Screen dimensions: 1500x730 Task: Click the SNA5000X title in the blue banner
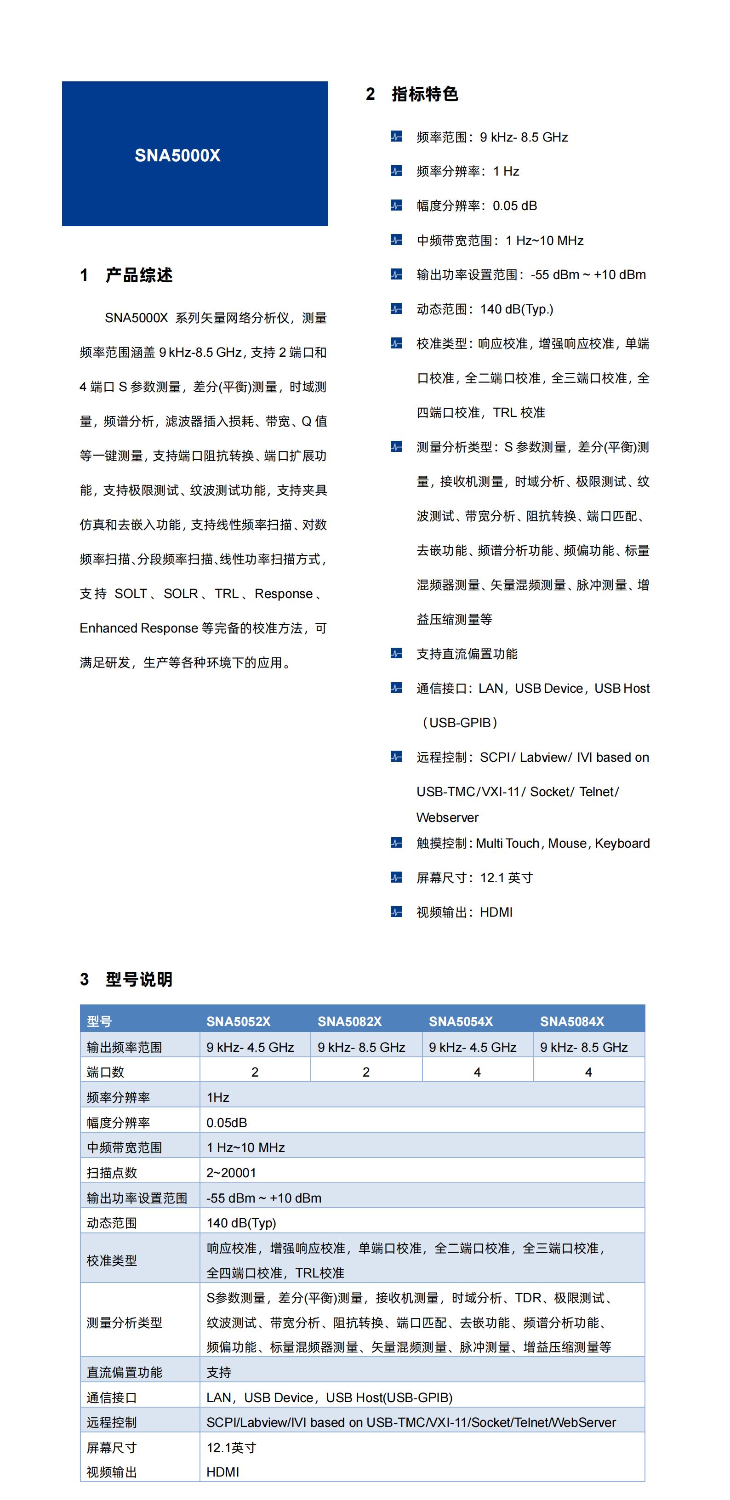click(x=177, y=155)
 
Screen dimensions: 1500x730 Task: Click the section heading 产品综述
click(x=138, y=275)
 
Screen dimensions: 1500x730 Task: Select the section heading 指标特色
click(x=424, y=94)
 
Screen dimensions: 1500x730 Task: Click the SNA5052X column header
click(x=238, y=1021)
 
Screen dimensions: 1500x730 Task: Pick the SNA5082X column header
click(x=349, y=1021)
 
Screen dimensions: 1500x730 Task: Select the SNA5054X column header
click(x=461, y=1021)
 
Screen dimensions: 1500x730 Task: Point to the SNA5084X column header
click(x=572, y=1021)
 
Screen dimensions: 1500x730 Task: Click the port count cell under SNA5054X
click(x=477, y=1072)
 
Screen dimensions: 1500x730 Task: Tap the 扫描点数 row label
click(x=112, y=1173)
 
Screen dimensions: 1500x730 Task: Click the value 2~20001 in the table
click(x=231, y=1173)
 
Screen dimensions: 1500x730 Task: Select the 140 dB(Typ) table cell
click(x=241, y=1223)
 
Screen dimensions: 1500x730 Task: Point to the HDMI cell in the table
click(x=222, y=1472)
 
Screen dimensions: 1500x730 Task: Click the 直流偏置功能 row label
click(x=124, y=1373)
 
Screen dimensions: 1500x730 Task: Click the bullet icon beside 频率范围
click(x=396, y=137)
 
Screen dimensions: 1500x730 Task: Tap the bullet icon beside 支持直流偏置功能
click(x=396, y=653)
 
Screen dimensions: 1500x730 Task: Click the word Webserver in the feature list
click(x=447, y=817)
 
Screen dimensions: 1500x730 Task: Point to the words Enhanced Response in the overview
click(x=138, y=628)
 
